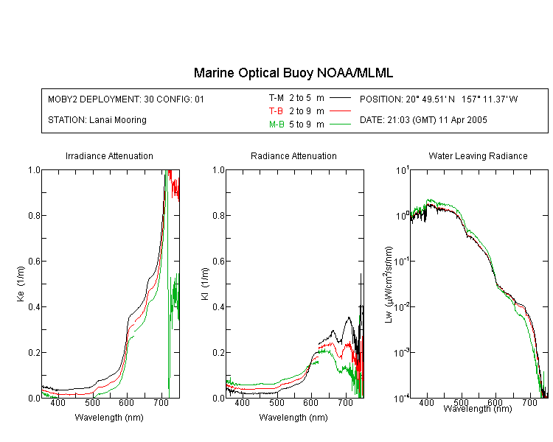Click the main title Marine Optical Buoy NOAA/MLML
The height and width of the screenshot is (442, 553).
pyautogui.click(x=293, y=73)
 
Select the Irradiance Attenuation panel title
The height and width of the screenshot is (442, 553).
pyautogui.click(x=109, y=155)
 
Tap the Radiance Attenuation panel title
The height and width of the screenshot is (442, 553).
pyautogui.click(x=293, y=155)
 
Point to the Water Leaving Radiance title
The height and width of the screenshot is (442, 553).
pyautogui.click(x=478, y=155)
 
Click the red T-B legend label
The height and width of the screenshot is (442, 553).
pyautogui.click(x=276, y=111)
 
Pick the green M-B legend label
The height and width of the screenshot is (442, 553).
pyautogui.click(x=276, y=124)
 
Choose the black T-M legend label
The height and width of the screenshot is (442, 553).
pyautogui.click(x=276, y=98)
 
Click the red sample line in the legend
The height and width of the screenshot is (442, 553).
pyautogui.click(x=340, y=111)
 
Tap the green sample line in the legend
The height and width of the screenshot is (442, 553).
pyautogui.click(x=340, y=124)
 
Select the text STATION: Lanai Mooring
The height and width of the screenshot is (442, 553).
pyautogui.click(x=97, y=120)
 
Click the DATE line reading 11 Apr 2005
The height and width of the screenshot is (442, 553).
pyautogui.click(x=423, y=120)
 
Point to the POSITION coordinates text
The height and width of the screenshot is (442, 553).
pyautogui.click(x=439, y=99)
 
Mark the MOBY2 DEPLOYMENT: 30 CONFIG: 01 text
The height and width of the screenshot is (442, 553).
pyautogui.click(x=126, y=99)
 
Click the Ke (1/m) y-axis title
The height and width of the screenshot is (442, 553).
pyautogui.click(x=21, y=284)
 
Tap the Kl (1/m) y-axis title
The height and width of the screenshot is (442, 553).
pyautogui.click(x=205, y=284)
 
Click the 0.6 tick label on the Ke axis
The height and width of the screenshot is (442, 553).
pyautogui.click(x=34, y=262)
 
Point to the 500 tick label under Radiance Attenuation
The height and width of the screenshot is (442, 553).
pyautogui.click(x=276, y=402)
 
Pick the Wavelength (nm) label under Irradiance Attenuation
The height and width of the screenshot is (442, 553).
pyautogui.click(x=109, y=418)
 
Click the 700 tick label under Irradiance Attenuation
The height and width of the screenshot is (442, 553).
pyautogui.click(x=161, y=402)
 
